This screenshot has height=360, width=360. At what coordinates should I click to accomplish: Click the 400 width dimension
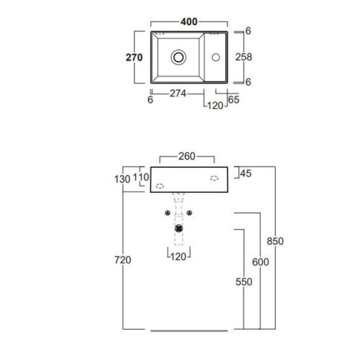pos(189,22)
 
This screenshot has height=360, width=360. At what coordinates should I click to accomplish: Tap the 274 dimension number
pos(178,92)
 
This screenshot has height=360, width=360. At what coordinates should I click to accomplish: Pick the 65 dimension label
pos(234,100)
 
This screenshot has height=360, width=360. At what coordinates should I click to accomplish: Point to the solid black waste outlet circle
pos(179,230)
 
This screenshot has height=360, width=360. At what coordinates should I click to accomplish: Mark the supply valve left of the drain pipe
pos(167,213)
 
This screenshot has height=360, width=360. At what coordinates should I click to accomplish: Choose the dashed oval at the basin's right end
pos(214,177)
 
